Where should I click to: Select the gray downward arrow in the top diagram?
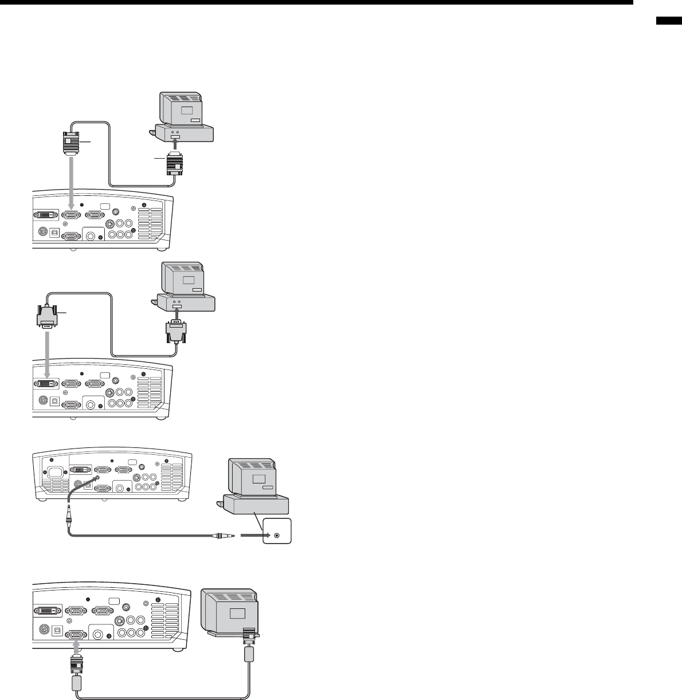(71, 183)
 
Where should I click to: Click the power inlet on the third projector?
(56, 473)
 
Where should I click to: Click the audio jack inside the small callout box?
(277, 536)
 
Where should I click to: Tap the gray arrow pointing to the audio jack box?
(250, 536)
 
